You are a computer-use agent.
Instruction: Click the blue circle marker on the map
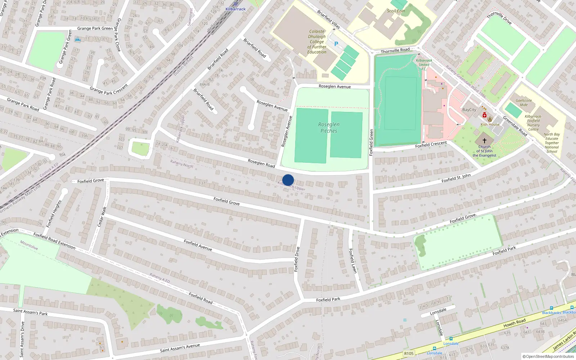(288, 180)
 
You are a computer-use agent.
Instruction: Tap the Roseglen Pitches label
(329, 128)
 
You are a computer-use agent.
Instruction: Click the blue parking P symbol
(336, 44)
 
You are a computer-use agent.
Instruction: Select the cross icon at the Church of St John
(484, 141)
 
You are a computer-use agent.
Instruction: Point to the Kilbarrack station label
(235, 9)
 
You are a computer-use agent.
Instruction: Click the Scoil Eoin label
(396, 11)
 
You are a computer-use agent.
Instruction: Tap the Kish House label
(490, 125)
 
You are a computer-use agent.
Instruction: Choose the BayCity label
(469, 110)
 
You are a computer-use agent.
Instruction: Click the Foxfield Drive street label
(297, 259)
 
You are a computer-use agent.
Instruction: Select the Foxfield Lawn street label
(353, 261)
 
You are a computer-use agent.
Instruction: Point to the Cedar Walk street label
(102, 216)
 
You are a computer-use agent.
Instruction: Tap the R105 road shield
(409, 354)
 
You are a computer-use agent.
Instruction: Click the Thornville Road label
(395, 50)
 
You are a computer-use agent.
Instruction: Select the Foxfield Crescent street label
(431, 144)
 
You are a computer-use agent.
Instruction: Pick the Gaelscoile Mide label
(523, 103)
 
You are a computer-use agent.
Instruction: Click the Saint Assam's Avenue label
(180, 348)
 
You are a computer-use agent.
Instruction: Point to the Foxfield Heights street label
(54, 214)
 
